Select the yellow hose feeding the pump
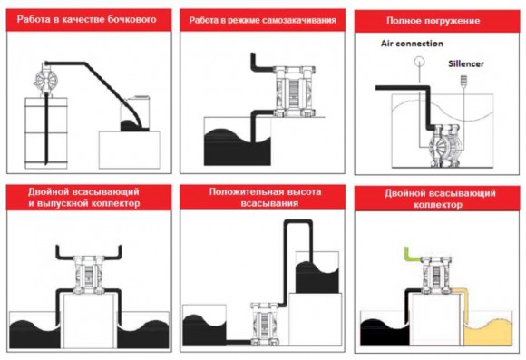[462, 299]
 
